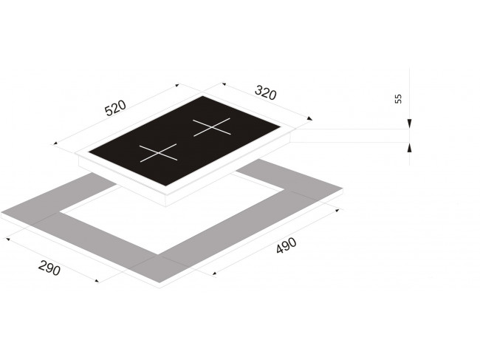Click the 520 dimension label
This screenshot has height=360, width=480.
tap(115, 107)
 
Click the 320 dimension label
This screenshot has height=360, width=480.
tap(266, 93)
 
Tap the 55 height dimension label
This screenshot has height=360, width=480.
tap(398, 98)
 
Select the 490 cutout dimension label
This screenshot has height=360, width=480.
tap(287, 245)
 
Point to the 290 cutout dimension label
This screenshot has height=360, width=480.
tap(49, 268)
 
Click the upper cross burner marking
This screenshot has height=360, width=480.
tap(211, 127)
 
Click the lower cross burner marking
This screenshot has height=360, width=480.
tap(158, 152)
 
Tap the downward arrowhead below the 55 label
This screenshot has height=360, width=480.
tap(410, 123)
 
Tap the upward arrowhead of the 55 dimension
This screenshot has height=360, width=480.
tap(410, 148)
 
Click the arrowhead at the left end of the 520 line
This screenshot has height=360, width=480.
tap(55, 143)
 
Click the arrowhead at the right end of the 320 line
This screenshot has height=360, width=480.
tap(310, 118)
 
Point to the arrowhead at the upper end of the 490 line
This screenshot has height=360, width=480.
tap(337, 211)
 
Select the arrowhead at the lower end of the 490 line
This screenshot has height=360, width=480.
tap(214, 273)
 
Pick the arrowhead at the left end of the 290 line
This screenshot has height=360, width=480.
tap(8, 238)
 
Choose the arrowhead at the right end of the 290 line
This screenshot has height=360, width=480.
tap(97, 281)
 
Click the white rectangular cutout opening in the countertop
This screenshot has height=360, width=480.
tap(172, 214)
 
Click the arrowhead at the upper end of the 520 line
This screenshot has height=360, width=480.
tap(176, 85)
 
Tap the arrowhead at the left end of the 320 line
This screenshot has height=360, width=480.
tap(224, 84)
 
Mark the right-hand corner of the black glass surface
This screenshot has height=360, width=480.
tap(281, 126)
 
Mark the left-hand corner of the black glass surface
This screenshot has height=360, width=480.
tap(89, 152)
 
